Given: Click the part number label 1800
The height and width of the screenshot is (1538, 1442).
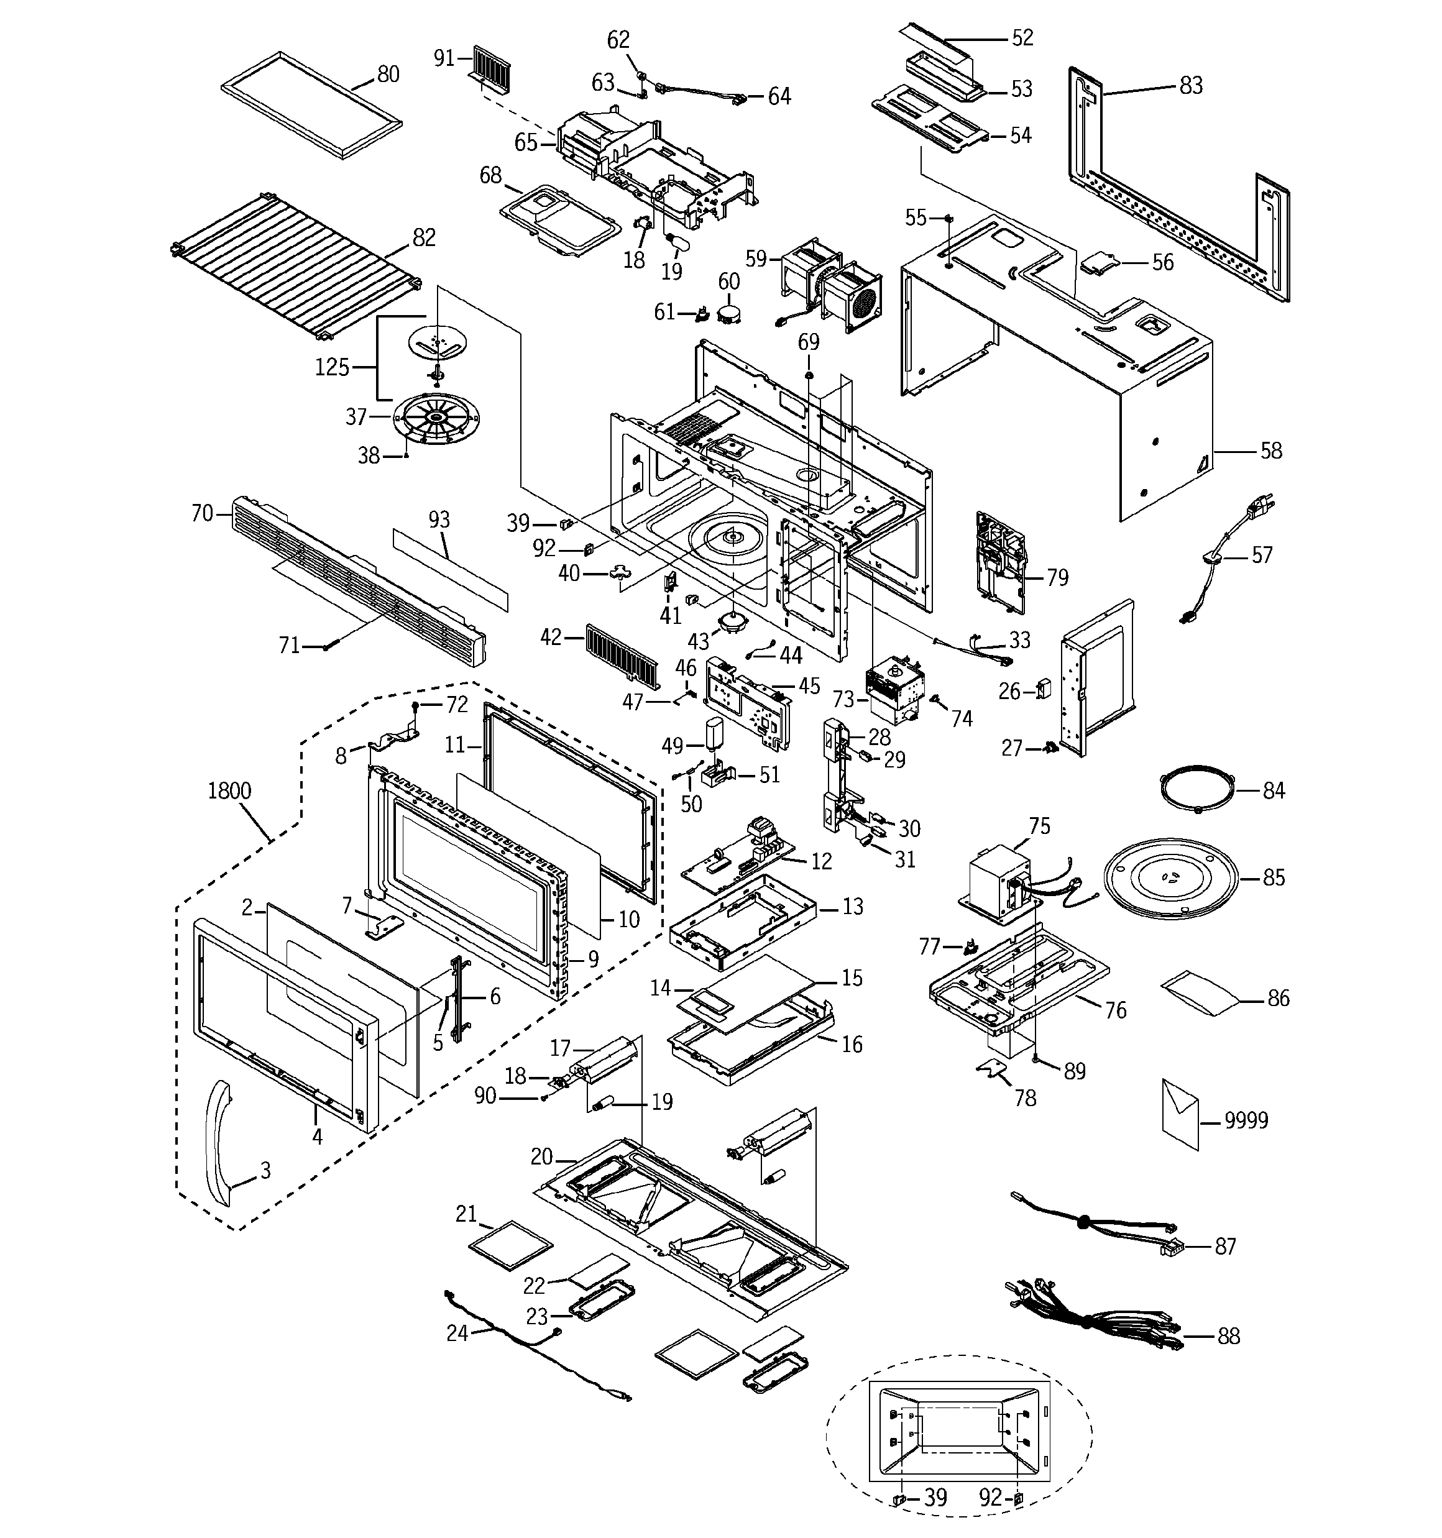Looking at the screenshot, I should coord(229,790).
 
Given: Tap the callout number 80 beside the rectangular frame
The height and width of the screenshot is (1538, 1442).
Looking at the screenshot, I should coord(388,75).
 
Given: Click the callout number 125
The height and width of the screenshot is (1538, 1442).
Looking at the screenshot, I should coord(332,367).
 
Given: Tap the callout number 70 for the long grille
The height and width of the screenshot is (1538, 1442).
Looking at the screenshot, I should coord(202,513).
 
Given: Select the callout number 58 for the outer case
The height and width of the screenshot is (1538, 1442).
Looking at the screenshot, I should coord(1271,451).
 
